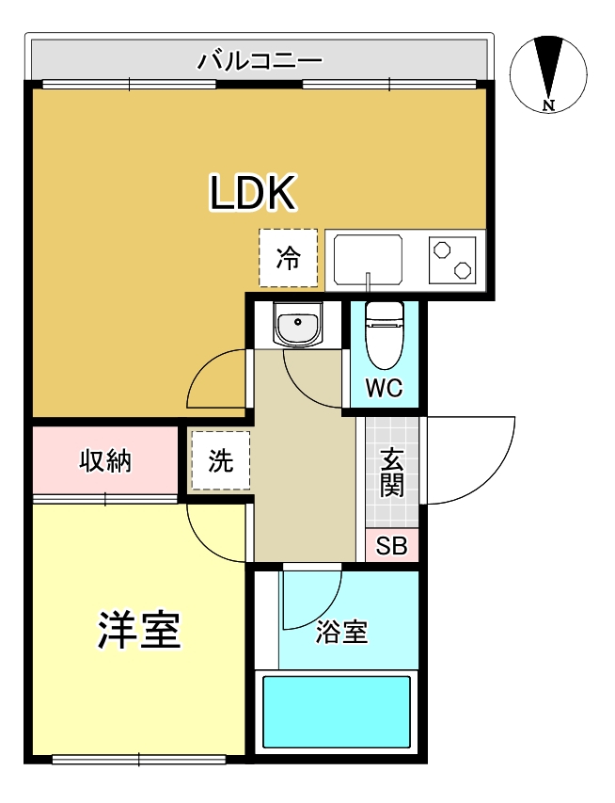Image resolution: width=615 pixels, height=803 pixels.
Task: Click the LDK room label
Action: (252, 193)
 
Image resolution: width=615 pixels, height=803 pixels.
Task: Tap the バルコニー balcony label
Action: (260, 62)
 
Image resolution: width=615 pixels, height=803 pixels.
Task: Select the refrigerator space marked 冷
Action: (289, 257)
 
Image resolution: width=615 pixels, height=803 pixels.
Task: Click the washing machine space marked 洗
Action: (220, 460)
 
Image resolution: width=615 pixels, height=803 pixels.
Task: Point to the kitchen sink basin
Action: (368, 258)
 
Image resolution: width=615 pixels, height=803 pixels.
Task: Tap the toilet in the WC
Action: (384, 335)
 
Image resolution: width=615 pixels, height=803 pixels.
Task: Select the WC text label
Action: (384, 388)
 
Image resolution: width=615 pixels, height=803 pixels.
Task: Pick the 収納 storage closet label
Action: (104, 461)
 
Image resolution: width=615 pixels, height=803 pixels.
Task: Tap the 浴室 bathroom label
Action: (341, 632)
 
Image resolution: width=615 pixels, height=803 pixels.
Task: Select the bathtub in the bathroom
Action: (337, 711)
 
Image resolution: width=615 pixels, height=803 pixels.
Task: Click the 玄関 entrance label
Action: (392, 473)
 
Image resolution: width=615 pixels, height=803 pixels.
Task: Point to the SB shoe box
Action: (392, 547)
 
